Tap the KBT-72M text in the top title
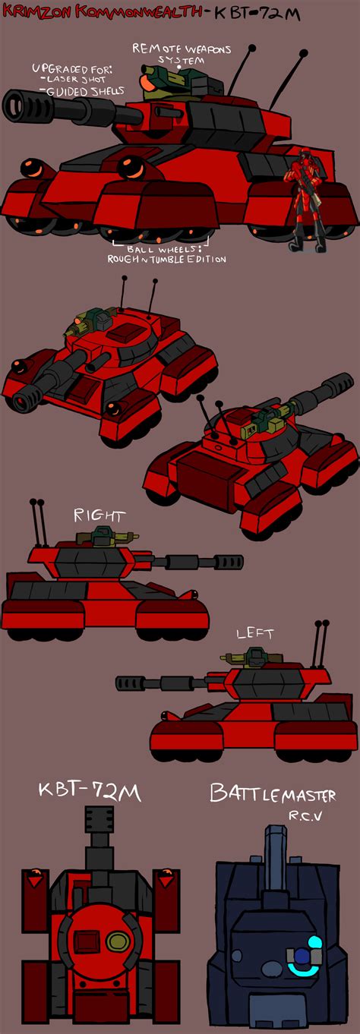pos(257,14)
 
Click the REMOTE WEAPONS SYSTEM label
pos(182,54)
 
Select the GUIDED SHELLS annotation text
pos(86,91)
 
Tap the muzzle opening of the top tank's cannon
pos(13,101)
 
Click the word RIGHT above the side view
pos(99,515)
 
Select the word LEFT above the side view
pos(254,633)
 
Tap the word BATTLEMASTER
pos(273,793)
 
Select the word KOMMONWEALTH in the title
pos(140,11)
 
